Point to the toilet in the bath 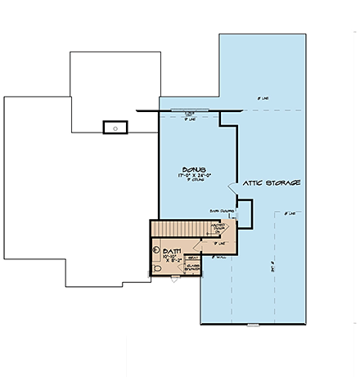(x=158, y=267)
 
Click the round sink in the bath (x=155, y=250)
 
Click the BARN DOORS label (x=222, y=209)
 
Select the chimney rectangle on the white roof (x=114, y=127)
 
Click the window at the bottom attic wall (x=252, y=325)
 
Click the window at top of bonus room (x=189, y=110)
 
